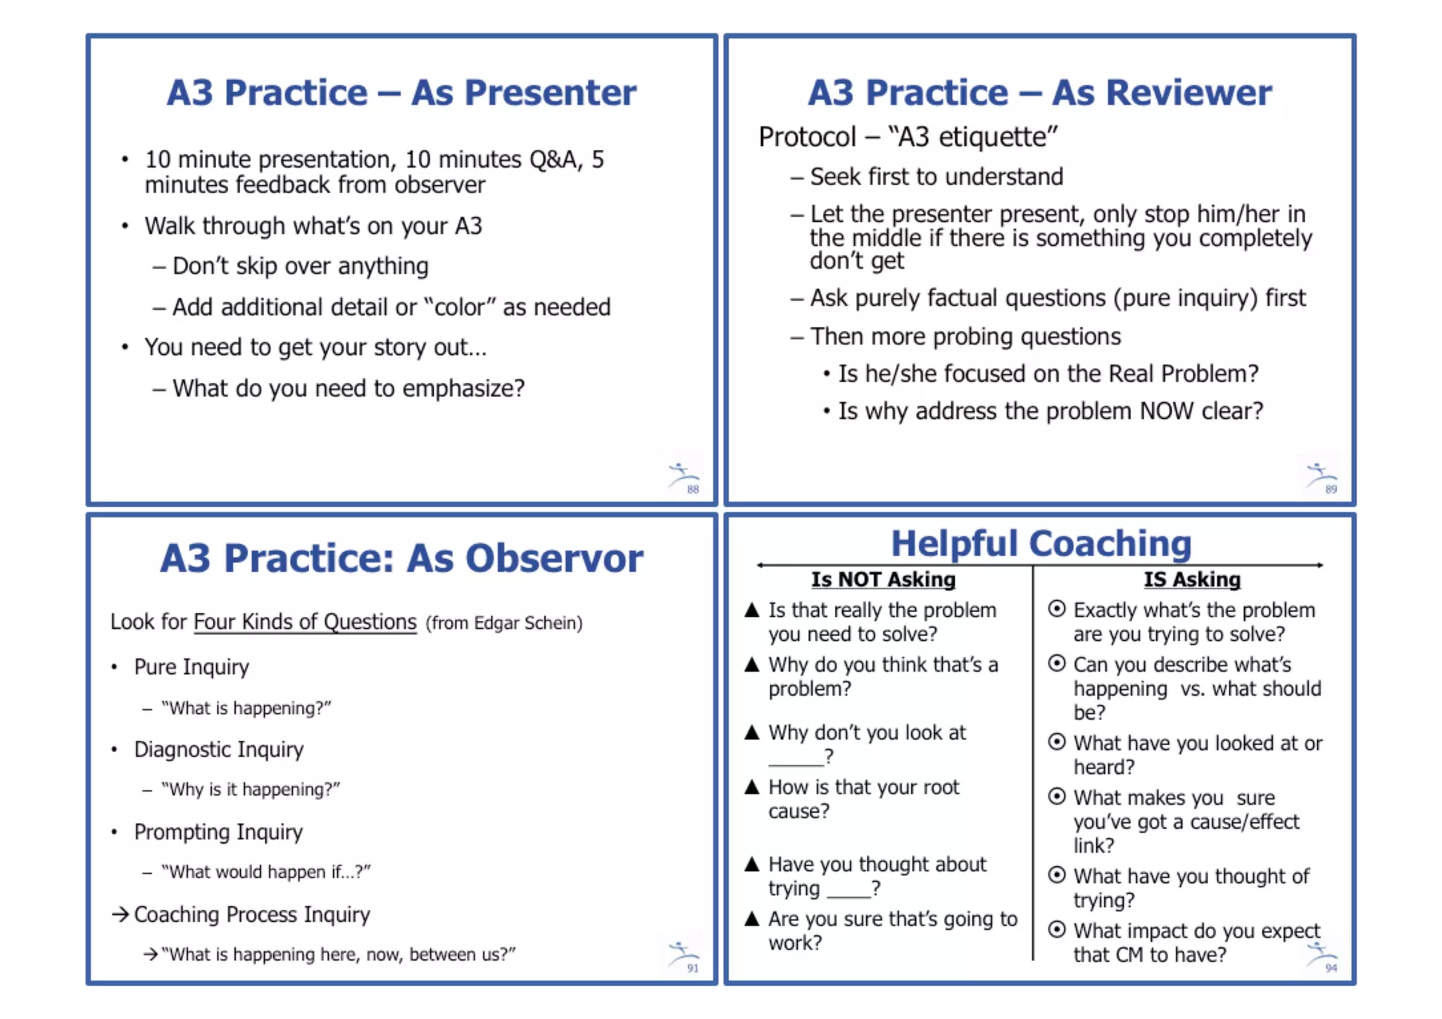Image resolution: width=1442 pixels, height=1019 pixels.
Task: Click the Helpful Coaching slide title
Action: click(x=1041, y=543)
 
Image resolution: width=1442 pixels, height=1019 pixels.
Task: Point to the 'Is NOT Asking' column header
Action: click(x=883, y=580)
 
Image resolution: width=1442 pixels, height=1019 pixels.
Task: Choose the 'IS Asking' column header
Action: click(x=1191, y=580)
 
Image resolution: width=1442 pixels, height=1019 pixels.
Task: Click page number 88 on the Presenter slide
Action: click(x=693, y=489)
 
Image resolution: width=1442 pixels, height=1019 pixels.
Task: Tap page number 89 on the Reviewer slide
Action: click(x=1331, y=489)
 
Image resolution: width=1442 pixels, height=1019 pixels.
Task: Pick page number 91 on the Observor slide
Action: click(x=693, y=968)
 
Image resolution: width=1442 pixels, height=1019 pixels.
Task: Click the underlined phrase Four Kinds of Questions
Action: click(x=305, y=622)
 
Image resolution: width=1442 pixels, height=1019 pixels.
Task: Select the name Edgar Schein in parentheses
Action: click(x=527, y=623)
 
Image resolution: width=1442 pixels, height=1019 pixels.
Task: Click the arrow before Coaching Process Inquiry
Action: click(x=120, y=914)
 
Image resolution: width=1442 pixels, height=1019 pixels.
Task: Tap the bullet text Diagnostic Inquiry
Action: click(x=218, y=749)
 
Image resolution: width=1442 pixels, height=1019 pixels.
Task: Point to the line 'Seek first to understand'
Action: click(x=936, y=177)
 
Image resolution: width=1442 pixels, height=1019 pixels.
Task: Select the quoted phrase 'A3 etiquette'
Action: click(x=973, y=137)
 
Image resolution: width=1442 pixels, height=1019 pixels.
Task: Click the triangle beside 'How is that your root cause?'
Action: click(x=752, y=787)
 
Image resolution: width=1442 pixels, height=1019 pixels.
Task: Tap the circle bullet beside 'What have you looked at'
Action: click(x=1056, y=742)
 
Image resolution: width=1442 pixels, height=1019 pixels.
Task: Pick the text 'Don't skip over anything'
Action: click(x=300, y=266)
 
